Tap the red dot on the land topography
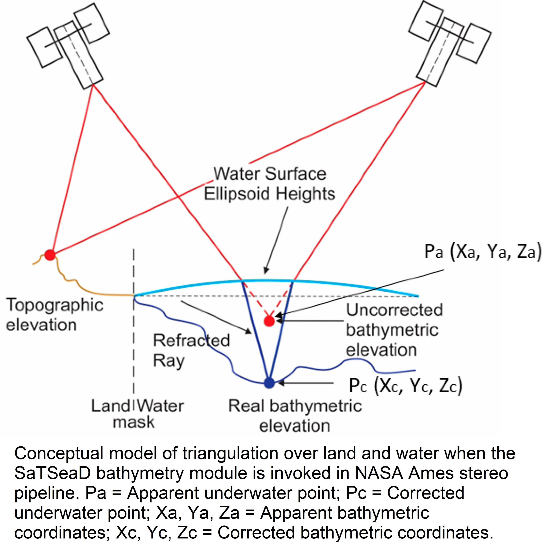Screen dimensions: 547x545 [x=50, y=255]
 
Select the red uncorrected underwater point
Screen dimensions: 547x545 [x=269, y=321]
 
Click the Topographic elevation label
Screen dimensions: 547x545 [x=54, y=315]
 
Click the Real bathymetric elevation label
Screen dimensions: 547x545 [x=295, y=415]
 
